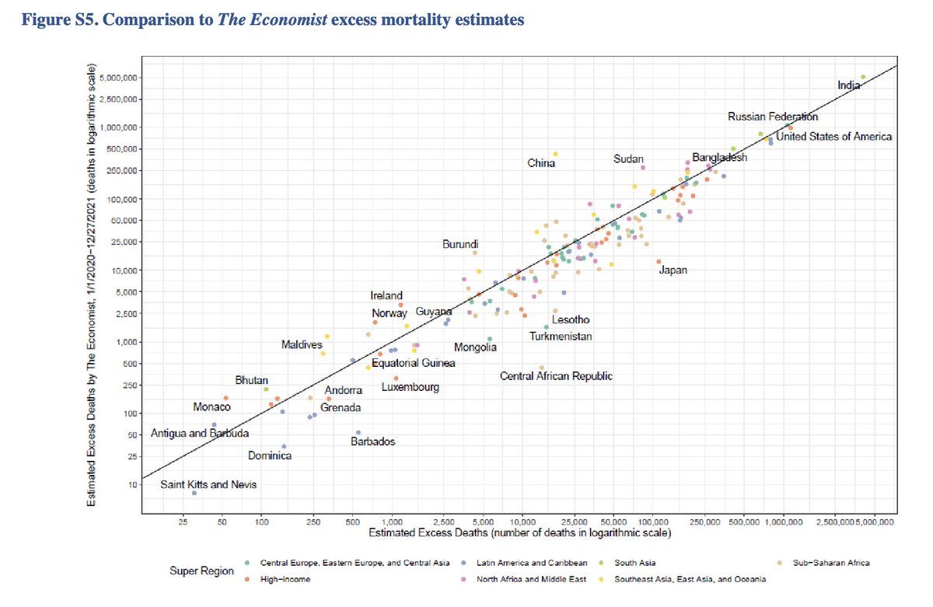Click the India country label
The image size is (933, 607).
tap(848, 85)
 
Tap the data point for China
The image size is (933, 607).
tap(555, 154)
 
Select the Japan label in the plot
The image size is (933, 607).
tap(673, 270)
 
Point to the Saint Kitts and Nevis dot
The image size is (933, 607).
tap(194, 493)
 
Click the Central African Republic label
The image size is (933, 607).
tap(555, 376)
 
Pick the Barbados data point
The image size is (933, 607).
tap(358, 432)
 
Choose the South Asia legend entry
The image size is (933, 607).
tap(635, 562)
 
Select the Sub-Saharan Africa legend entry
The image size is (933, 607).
tap(830, 562)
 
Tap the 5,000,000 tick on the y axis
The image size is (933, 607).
tap(117, 78)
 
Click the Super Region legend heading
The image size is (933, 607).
tap(201, 571)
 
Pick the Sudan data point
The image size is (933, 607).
tap(643, 167)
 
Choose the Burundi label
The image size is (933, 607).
tap(460, 244)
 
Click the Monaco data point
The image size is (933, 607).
tap(225, 398)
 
